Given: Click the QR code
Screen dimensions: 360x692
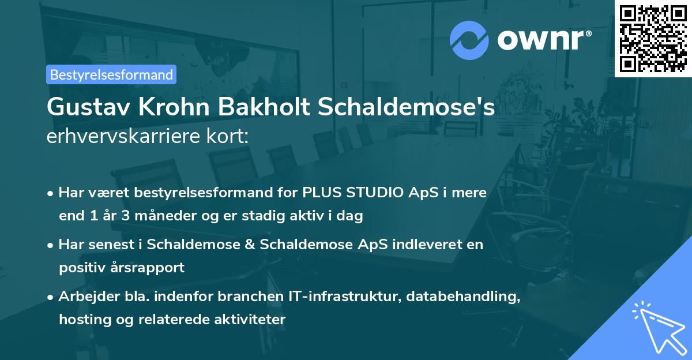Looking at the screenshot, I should click(653, 38).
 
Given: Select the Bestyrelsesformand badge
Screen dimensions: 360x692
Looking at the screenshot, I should click(111, 74).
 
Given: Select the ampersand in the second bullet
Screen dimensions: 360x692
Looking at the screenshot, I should click(250, 244).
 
